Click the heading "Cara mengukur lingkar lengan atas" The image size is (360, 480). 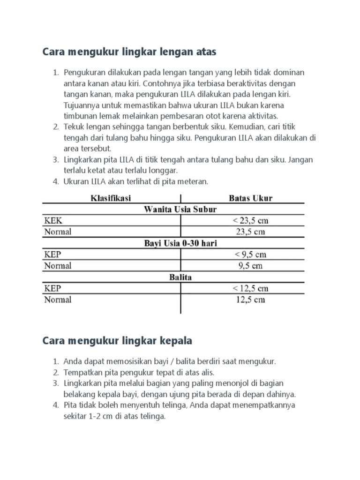(x=129, y=52)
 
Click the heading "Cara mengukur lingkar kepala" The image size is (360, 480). (x=117, y=341)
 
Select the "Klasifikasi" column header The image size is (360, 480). (x=111, y=198)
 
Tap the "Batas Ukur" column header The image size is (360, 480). (x=250, y=198)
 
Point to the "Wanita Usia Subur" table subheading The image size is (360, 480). (x=173, y=210)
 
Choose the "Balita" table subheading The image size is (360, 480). (x=180, y=277)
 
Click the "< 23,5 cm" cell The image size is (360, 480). (x=250, y=221)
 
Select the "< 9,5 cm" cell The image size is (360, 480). (x=250, y=255)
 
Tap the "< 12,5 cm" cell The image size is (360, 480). (x=250, y=288)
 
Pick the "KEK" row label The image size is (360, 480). (x=52, y=220)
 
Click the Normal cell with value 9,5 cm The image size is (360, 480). (x=250, y=266)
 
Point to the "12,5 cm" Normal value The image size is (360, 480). (x=250, y=300)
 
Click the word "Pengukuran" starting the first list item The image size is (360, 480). (x=84, y=73)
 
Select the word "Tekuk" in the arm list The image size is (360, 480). (x=73, y=127)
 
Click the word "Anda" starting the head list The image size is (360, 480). (x=73, y=362)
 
